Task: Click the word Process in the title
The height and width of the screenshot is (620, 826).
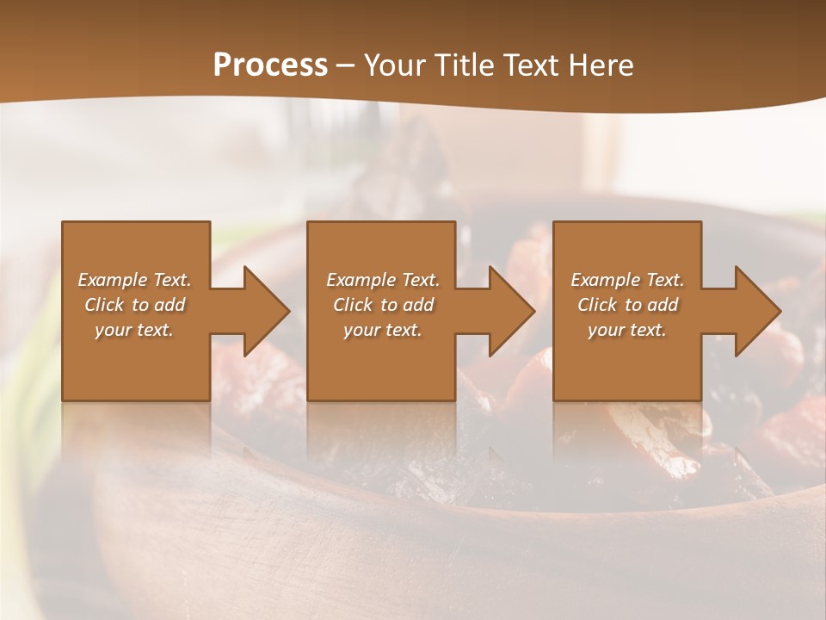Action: click(x=270, y=65)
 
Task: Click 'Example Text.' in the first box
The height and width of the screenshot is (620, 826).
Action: click(x=134, y=280)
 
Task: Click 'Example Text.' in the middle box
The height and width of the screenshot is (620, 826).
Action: click(x=383, y=280)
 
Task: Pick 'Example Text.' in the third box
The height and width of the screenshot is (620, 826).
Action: click(x=627, y=280)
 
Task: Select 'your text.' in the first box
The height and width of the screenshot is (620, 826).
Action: click(x=134, y=330)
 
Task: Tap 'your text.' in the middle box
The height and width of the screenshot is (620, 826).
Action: click(x=383, y=330)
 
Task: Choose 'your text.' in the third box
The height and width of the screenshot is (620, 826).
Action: click(x=627, y=330)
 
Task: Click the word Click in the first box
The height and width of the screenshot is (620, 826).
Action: click(x=103, y=305)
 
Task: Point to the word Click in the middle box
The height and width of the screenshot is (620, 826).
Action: click(x=352, y=305)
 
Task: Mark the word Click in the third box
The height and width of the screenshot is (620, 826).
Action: click(x=596, y=305)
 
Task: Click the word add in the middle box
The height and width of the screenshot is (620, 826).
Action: click(x=418, y=305)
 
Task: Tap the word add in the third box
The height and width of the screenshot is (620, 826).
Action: click(x=663, y=305)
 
